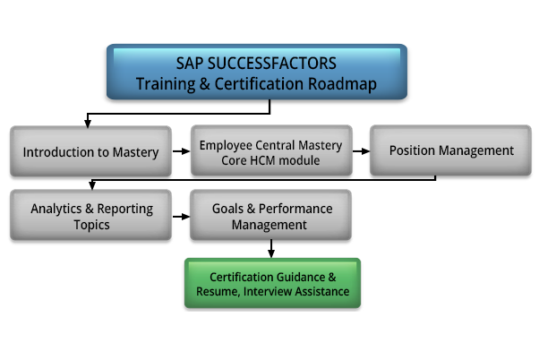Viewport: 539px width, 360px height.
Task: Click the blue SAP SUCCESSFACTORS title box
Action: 257,72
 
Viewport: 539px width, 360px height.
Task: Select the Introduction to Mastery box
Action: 90,151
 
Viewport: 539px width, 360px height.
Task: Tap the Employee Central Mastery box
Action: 271,150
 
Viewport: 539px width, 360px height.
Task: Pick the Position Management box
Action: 450,150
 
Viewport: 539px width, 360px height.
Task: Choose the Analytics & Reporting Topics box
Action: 90,215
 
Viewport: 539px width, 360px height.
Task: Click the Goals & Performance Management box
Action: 271,215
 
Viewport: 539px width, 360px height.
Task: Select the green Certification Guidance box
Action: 272,283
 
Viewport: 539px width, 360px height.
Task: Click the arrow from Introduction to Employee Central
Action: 181,151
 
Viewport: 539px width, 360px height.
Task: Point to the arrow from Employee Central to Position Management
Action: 361,151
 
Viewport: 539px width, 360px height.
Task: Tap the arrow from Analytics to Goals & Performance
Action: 181,217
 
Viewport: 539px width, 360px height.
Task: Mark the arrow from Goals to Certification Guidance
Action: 271,249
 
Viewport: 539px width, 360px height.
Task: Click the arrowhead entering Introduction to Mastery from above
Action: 88,124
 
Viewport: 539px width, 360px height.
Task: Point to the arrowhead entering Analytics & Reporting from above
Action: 92,185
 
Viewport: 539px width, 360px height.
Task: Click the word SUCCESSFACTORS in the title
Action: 272,64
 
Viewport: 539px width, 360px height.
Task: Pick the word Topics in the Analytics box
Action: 92,225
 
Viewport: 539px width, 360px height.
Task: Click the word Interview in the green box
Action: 268,292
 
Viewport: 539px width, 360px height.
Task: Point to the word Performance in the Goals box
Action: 295,209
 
